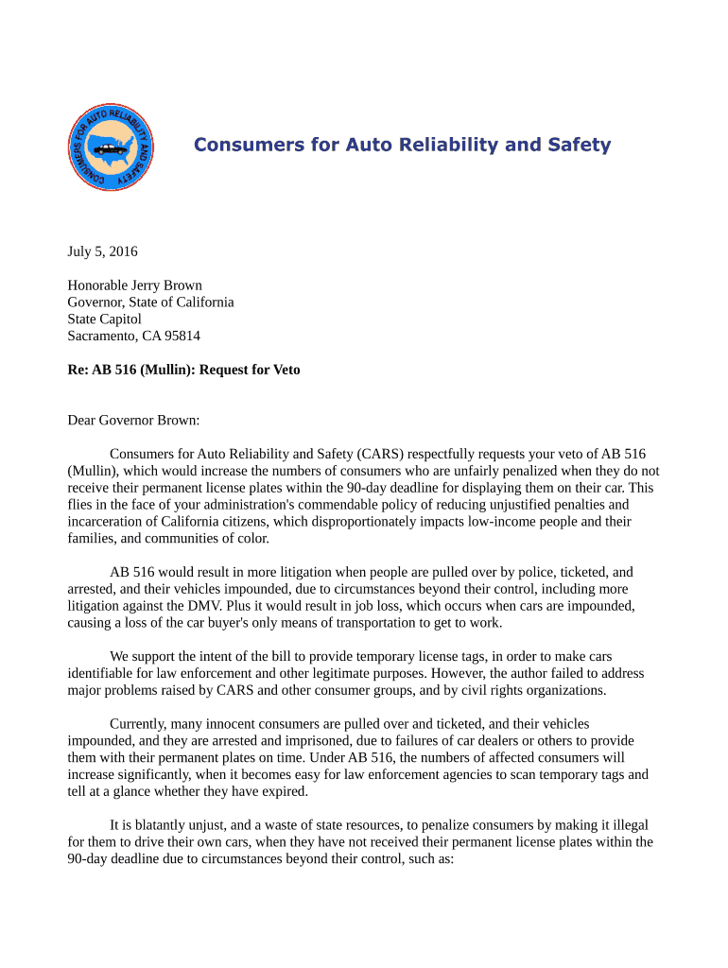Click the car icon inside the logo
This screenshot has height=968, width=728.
coord(112,147)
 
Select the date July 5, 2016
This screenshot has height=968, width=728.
coord(102,251)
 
